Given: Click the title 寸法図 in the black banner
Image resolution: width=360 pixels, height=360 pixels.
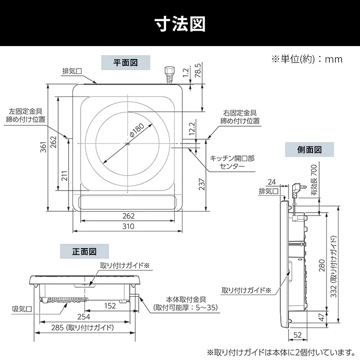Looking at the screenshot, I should click(180, 23).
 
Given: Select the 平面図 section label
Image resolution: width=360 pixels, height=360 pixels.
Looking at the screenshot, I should click(125, 62).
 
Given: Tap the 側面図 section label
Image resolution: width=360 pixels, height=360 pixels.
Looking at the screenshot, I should click(309, 150).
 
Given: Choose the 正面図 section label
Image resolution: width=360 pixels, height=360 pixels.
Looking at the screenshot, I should click(84, 251).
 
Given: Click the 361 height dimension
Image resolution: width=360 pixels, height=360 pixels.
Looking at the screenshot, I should click(43, 146).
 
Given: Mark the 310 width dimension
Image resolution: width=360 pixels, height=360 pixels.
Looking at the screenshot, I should click(128, 226).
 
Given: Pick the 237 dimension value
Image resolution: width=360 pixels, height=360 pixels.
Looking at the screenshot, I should click(202, 183).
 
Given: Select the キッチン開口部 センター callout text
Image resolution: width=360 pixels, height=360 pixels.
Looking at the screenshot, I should click(232, 162).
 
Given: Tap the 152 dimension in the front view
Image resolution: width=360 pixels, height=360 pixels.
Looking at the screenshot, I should click(110, 306).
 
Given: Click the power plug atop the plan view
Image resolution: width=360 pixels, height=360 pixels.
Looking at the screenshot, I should click(168, 74).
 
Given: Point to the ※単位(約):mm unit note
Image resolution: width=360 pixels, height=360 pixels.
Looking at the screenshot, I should click(307, 59).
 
